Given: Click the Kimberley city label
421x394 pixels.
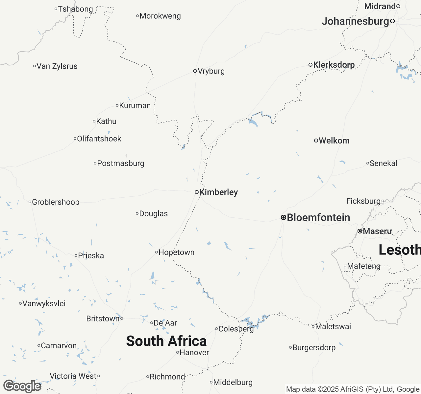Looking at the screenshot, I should (218, 192).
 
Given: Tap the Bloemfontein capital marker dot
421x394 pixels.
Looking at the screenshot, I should (283, 217).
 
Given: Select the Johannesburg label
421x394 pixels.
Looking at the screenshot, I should (355, 21).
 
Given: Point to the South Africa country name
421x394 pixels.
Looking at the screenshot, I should (166, 341).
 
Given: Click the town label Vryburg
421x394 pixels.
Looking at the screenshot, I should (211, 71).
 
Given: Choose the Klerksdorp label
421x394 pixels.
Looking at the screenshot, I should (334, 65).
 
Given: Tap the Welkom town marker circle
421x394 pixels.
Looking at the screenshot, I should (316, 141).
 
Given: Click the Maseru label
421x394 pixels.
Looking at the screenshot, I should (378, 231).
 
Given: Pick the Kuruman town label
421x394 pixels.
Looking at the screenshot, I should (135, 106).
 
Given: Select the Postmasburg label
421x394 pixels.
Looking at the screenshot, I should (121, 164).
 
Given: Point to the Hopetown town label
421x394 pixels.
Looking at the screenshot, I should (177, 252).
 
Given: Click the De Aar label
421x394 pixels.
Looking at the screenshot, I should (165, 323).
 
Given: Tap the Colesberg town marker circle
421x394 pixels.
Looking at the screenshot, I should (216, 329).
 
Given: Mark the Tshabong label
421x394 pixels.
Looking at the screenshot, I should (76, 9).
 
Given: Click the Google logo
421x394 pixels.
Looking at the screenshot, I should (22, 386).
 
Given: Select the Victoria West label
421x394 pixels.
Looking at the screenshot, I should (73, 376).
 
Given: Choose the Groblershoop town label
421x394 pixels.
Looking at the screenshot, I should (56, 202).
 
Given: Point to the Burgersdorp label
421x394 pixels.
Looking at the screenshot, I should (314, 348).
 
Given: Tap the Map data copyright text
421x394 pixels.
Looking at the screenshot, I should (353, 389).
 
